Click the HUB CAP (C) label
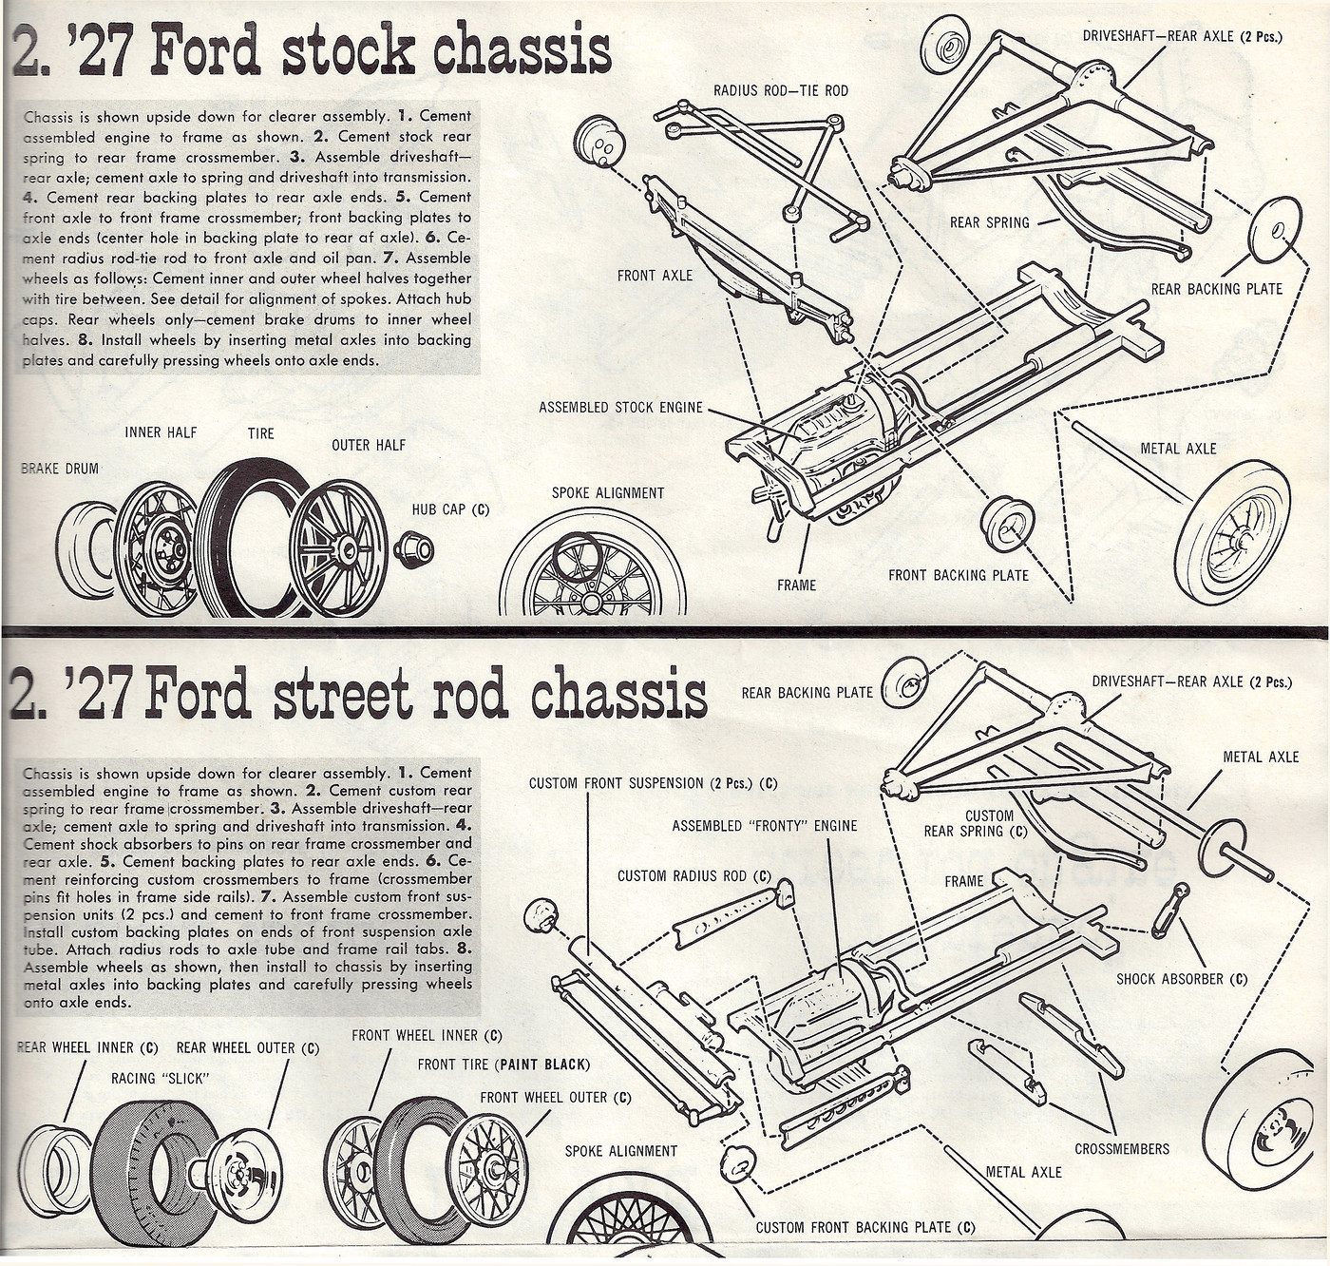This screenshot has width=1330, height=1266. (x=451, y=509)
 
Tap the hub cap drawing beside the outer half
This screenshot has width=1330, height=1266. (x=414, y=549)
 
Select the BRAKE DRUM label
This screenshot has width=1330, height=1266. (x=60, y=469)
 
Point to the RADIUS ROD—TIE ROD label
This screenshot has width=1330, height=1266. (x=781, y=91)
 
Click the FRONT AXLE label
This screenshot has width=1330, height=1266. (x=655, y=276)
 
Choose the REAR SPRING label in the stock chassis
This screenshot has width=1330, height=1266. (x=989, y=222)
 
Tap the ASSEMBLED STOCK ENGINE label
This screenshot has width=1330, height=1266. (x=620, y=408)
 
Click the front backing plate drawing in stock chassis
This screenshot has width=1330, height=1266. (x=1006, y=523)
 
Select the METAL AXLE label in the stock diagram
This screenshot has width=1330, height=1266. (x=1178, y=449)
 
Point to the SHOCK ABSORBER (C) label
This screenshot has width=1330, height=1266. (x=1182, y=979)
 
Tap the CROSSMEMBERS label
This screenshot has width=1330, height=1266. (x=1122, y=1149)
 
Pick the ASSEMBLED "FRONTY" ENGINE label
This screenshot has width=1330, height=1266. (x=764, y=826)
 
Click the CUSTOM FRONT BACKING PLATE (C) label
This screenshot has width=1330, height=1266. (x=864, y=1227)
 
